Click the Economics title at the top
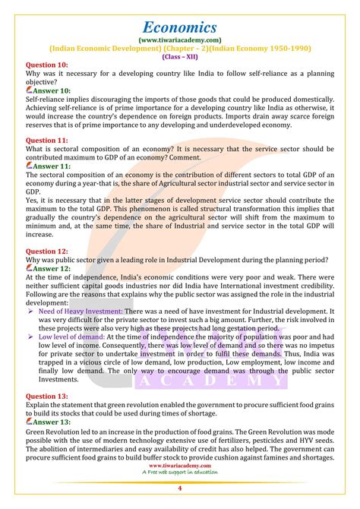pos(180,16)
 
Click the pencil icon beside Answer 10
pos(30,90)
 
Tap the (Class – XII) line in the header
pos(180,56)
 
